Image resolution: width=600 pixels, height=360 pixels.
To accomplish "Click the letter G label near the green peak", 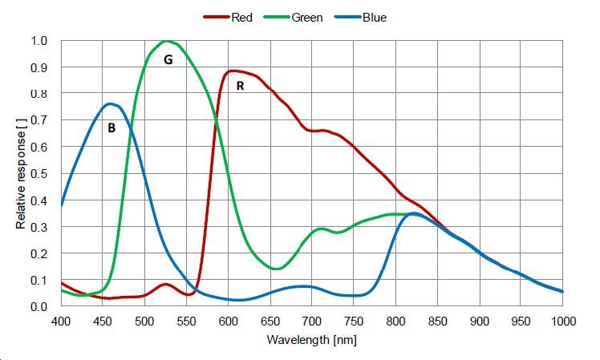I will pos(168,59).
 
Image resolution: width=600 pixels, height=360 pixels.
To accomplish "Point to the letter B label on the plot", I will pos(111,127).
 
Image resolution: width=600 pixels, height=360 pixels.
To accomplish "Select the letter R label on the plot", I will pos(240,85).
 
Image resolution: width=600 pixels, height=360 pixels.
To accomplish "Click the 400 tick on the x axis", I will pos(61,322).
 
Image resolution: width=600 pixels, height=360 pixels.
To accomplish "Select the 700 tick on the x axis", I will pos(312,322).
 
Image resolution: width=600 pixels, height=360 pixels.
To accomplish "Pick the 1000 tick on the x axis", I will pos(561,322).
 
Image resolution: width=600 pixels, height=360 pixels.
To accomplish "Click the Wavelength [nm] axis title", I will pos(312,339).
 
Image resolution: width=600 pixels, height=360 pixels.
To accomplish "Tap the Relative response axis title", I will pos(21,173).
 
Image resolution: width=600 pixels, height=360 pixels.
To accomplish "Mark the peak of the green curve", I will pos(166,41).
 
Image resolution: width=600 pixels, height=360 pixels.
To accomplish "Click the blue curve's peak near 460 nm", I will pos(111,103).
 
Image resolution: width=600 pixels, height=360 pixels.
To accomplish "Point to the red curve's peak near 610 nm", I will pos(234,71).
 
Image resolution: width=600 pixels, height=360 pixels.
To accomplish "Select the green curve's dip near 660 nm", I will pos(276,269).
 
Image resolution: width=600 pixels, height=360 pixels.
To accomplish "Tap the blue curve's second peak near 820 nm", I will pos(412,213).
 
